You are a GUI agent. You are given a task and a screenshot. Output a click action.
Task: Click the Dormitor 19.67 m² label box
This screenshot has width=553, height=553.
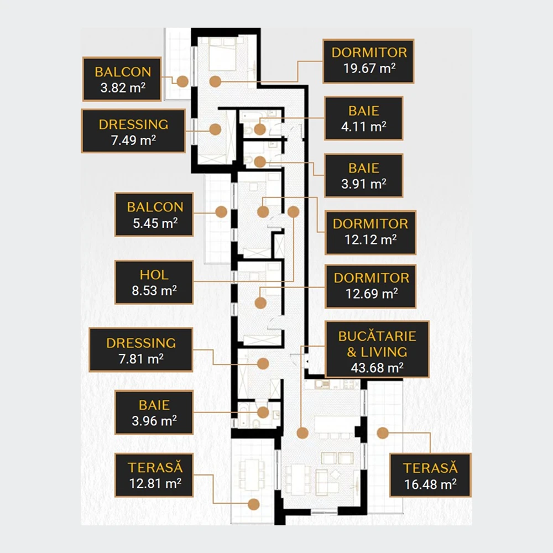(x=368, y=61)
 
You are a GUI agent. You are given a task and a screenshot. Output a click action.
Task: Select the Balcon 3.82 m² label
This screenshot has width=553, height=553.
(x=122, y=79)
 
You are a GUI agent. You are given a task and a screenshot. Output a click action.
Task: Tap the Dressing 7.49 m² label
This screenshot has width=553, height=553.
(x=133, y=131)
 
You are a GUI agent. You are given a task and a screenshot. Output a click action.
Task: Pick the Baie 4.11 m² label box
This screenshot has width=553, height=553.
(x=364, y=118)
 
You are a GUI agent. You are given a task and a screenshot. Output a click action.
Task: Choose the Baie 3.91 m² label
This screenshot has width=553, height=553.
(x=364, y=175)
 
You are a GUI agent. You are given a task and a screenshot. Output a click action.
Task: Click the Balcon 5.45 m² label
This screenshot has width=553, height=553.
(x=154, y=215)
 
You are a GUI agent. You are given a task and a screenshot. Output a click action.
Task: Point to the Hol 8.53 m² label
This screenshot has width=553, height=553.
(x=154, y=282)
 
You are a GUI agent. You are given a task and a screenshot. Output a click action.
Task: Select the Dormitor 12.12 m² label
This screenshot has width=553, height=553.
(x=371, y=232)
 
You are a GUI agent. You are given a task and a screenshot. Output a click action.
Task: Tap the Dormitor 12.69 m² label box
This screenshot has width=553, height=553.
(x=371, y=286)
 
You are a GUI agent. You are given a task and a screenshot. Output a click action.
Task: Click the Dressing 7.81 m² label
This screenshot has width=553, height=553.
(x=140, y=350)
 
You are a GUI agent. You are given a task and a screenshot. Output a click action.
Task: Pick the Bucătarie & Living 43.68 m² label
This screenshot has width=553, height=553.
(x=377, y=349)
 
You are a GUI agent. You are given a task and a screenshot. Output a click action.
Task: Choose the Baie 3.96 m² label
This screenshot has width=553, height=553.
(x=154, y=413)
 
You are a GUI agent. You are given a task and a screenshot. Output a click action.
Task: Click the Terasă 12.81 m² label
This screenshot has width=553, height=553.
(x=154, y=475)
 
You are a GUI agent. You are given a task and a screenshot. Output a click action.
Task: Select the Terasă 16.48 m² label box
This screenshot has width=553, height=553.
(x=430, y=475)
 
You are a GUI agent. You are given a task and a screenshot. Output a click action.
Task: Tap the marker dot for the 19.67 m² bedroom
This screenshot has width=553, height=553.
(x=215, y=81)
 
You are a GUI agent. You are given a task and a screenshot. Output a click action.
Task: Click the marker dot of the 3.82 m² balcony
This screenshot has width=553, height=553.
(x=182, y=81)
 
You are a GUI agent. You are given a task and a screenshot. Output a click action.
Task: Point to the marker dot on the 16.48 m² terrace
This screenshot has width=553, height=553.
(x=383, y=433)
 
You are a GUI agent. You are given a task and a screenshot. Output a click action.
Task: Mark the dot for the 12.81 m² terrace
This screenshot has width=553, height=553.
(x=254, y=504)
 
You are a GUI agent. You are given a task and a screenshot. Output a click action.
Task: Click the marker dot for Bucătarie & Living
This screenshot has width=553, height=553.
(x=302, y=433)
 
